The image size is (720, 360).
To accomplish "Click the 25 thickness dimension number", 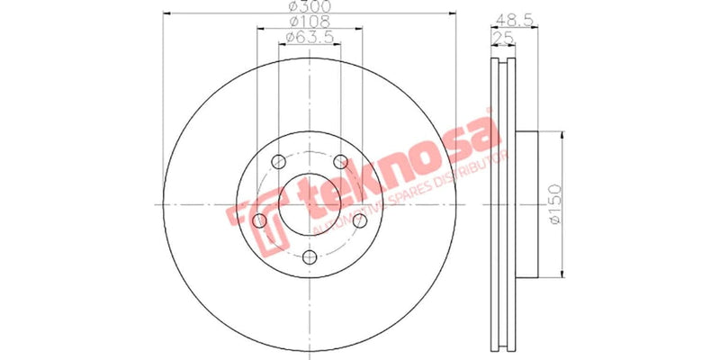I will tap(503, 37).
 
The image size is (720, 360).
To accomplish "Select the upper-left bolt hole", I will tap(280, 162).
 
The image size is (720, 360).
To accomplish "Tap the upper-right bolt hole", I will tap(341, 162).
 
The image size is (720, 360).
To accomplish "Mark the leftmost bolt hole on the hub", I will tap(261, 220).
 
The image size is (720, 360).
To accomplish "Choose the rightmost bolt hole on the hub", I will tap(360, 220).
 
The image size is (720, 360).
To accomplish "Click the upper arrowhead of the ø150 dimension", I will tap(562, 135).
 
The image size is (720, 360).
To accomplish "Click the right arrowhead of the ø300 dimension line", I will tap(454, 13).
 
